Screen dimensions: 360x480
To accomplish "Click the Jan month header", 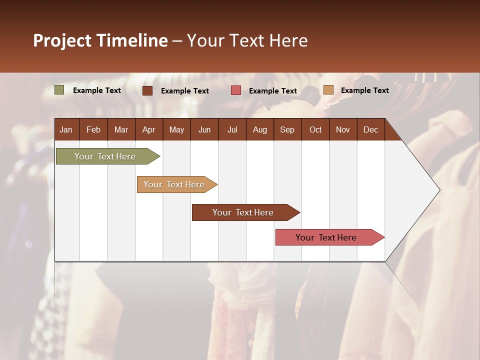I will coord(66,129).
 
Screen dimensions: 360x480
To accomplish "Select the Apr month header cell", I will coord(149,129).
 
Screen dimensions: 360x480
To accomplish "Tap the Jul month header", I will coord(232,129).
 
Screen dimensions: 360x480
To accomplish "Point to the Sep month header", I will coord(287,129).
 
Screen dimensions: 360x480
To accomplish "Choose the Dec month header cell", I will coord(370,129).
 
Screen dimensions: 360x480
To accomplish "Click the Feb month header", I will coord(93,129).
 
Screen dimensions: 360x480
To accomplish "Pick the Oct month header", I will coord(315,129).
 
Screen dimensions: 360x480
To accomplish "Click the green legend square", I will coord(59,90).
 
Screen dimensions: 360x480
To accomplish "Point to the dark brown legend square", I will coord(147,90).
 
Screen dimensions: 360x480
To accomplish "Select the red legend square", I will coord(236,90).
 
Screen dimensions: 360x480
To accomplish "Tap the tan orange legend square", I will coord(328,90).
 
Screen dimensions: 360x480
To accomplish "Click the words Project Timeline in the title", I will coord(100,40).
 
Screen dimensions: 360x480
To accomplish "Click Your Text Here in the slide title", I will coord(247,40).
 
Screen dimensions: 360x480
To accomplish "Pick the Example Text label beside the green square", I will coord(97,90).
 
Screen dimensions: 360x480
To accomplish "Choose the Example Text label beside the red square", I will coord(273,91).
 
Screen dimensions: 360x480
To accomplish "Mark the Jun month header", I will coord(204,129).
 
